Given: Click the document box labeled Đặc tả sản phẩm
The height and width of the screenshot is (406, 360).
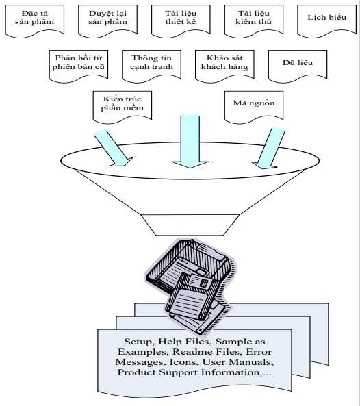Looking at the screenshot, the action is [x=34, y=21].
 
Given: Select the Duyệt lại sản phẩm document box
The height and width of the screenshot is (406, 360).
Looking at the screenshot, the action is [x=107, y=21].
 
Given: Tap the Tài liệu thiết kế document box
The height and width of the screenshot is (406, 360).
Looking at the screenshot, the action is [x=181, y=21].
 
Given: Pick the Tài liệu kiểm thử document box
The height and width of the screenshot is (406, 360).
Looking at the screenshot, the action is [x=254, y=21].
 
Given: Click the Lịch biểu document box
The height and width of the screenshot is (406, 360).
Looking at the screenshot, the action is [x=327, y=21].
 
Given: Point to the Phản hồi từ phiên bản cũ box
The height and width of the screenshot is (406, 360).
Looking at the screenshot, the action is [x=79, y=66].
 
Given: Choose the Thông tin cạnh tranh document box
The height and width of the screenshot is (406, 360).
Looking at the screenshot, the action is [x=151, y=66].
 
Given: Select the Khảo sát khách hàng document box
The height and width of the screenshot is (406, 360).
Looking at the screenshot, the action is [x=224, y=66].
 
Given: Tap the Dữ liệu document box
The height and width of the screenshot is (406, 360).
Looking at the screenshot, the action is [x=298, y=66].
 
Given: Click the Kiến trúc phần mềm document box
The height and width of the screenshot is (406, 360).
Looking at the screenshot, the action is [x=122, y=107].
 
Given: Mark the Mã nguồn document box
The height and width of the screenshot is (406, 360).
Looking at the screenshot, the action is [x=254, y=107].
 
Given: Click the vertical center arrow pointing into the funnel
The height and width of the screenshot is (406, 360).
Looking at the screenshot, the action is [x=190, y=141].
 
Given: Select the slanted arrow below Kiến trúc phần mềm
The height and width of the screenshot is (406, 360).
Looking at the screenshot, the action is [x=114, y=149].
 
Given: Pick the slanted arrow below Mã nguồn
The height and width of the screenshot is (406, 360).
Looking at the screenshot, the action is [x=269, y=149].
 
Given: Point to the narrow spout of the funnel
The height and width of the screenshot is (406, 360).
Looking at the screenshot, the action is [x=190, y=225].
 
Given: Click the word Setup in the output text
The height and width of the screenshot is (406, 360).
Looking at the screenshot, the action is [x=139, y=342].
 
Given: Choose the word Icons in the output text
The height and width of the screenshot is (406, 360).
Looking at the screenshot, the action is [x=183, y=362].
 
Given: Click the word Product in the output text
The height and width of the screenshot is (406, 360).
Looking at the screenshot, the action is [x=136, y=372].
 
